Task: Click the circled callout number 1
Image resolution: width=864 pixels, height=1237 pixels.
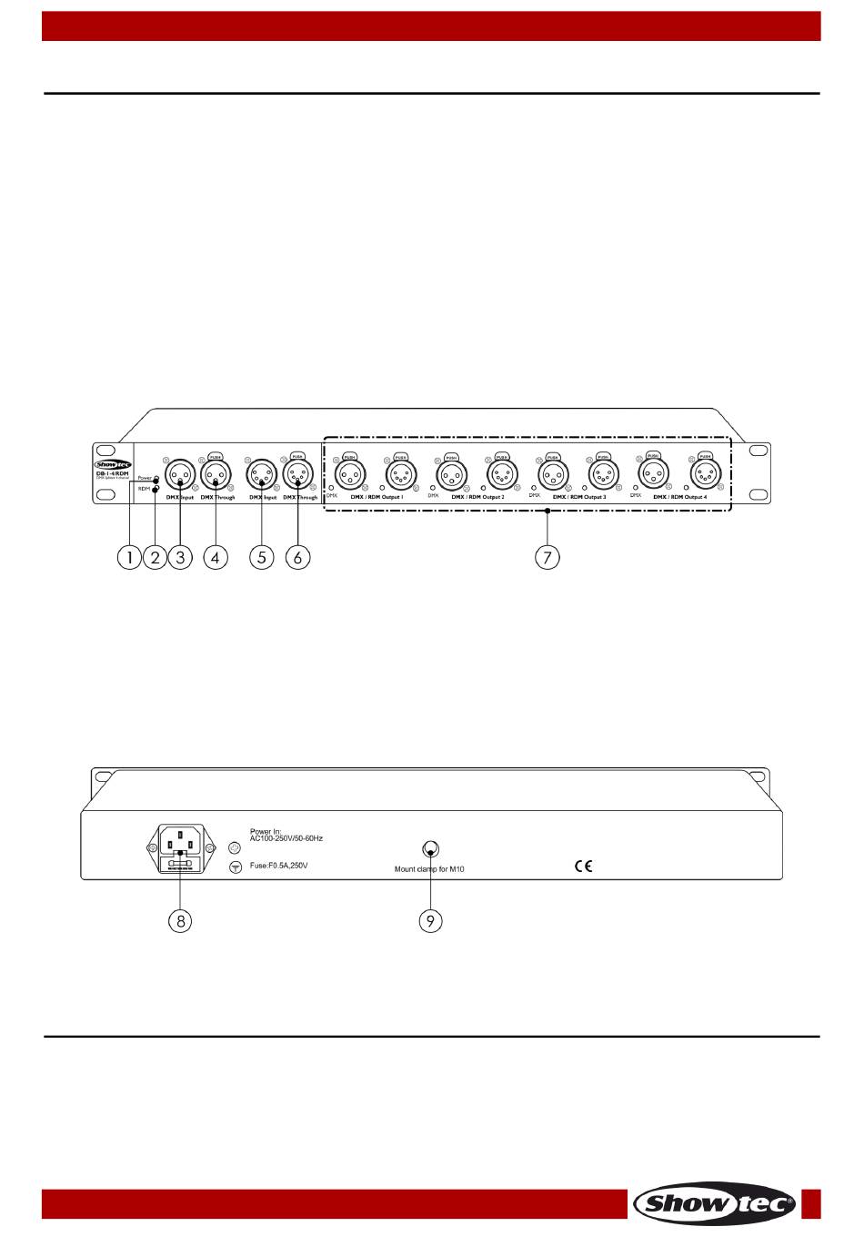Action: tap(129, 556)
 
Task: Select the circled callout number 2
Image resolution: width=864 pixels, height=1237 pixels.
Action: tap(155, 556)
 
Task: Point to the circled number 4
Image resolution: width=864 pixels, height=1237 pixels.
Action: tap(215, 556)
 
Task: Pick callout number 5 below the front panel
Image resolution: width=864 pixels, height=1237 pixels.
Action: tap(261, 556)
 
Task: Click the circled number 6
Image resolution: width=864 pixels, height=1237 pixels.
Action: tap(297, 556)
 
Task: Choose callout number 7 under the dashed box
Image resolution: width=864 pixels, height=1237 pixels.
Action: tap(547, 556)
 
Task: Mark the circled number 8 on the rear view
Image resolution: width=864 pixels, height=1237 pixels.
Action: tap(181, 921)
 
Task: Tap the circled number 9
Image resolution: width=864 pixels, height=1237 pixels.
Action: tap(430, 921)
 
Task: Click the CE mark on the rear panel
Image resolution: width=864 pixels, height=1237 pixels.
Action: tap(583, 866)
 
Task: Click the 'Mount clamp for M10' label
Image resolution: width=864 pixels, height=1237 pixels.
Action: tap(429, 870)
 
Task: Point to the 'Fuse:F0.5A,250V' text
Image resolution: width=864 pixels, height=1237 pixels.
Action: tap(279, 866)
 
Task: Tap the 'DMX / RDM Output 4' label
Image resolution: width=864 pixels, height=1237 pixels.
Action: tap(680, 498)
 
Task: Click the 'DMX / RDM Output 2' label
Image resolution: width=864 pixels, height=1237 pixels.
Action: tap(477, 498)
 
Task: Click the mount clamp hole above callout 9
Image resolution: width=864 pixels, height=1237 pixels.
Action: tap(431, 849)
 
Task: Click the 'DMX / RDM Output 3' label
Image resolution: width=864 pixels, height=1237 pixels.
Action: tap(579, 498)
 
